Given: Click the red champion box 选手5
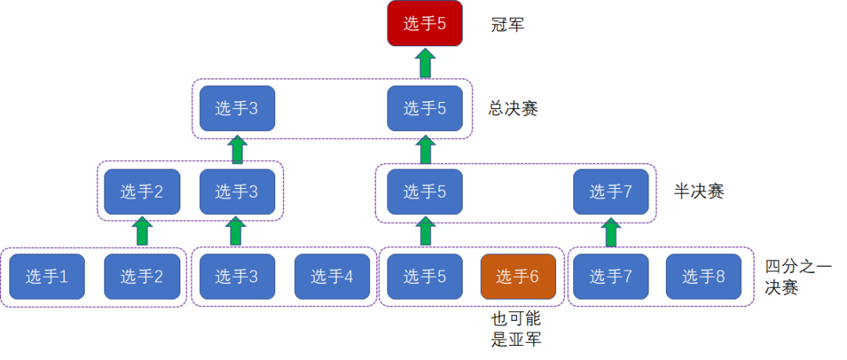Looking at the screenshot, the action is click(x=425, y=24).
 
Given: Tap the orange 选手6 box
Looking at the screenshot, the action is click(x=518, y=276).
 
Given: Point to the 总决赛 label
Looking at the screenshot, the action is click(x=513, y=109).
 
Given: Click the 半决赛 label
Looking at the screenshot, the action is click(x=699, y=191).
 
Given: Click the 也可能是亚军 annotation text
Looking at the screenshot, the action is click(x=516, y=328).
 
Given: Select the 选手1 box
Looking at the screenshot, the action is click(x=47, y=276).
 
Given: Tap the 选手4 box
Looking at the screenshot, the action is click(x=333, y=276).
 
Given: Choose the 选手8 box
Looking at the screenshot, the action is click(x=703, y=276).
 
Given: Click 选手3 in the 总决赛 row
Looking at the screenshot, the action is click(x=237, y=108).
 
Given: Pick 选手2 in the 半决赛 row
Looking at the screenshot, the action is click(x=142, y=191).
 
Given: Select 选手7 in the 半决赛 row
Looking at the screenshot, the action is click(x=611, y=191).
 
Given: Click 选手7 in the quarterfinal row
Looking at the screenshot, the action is click(x=611, y=276).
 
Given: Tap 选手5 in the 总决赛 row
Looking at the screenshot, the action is click(x=425, y=108).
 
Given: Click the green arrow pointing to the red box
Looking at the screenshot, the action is click(x=426, y=63).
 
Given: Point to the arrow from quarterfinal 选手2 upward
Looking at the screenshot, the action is click(x=142, y=231).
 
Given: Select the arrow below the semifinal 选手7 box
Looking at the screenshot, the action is click(x=611, y=232).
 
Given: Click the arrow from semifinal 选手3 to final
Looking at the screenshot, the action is click(x=237, y=149).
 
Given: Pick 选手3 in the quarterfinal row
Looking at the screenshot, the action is click(x=237, y=276).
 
